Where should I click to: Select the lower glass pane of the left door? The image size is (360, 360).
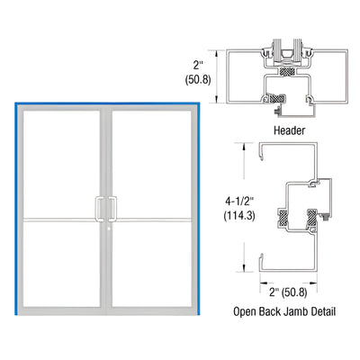61,283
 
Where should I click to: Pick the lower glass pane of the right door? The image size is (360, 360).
150,283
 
